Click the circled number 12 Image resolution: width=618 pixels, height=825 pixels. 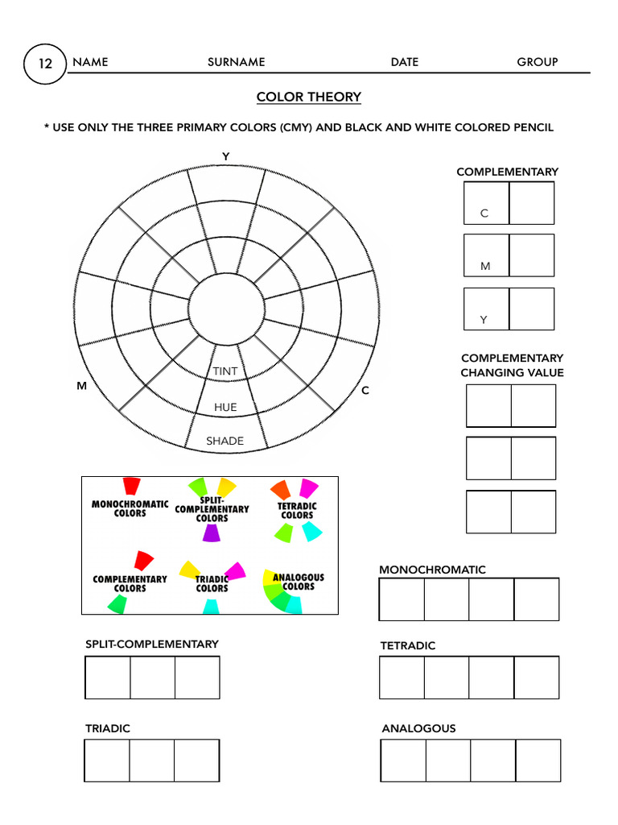click(45, 63)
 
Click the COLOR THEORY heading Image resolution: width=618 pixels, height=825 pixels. click(308, 97)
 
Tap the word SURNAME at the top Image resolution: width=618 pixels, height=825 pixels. click(236, 62)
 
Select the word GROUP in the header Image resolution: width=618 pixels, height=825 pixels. click(537, 62)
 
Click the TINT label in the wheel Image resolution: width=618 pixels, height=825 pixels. click(225, 371)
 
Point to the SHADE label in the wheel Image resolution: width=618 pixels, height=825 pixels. click(225, 441)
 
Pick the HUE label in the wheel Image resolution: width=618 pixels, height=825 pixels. click(225, 407)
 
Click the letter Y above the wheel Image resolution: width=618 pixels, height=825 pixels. click(226, 156)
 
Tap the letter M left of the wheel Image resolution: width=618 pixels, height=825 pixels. click(81, 387)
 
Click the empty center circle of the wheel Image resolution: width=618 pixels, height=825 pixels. click(226, 309)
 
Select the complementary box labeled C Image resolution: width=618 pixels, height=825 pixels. click(486, 203)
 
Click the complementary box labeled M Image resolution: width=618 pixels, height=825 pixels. click(486, 255)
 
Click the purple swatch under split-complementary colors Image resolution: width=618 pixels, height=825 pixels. click(211, 533)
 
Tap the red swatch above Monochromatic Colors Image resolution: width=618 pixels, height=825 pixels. click(131, 486)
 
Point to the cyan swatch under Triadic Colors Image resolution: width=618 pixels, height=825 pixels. click(210, 606)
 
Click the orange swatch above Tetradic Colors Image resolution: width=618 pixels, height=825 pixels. click(281, 489)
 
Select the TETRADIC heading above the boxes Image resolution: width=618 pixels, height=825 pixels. click(407, 645)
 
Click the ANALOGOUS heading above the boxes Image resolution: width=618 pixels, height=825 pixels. click(418, 728)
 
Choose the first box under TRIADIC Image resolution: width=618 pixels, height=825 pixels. click(107, 761)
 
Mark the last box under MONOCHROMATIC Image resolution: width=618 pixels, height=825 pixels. click(536, 599)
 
